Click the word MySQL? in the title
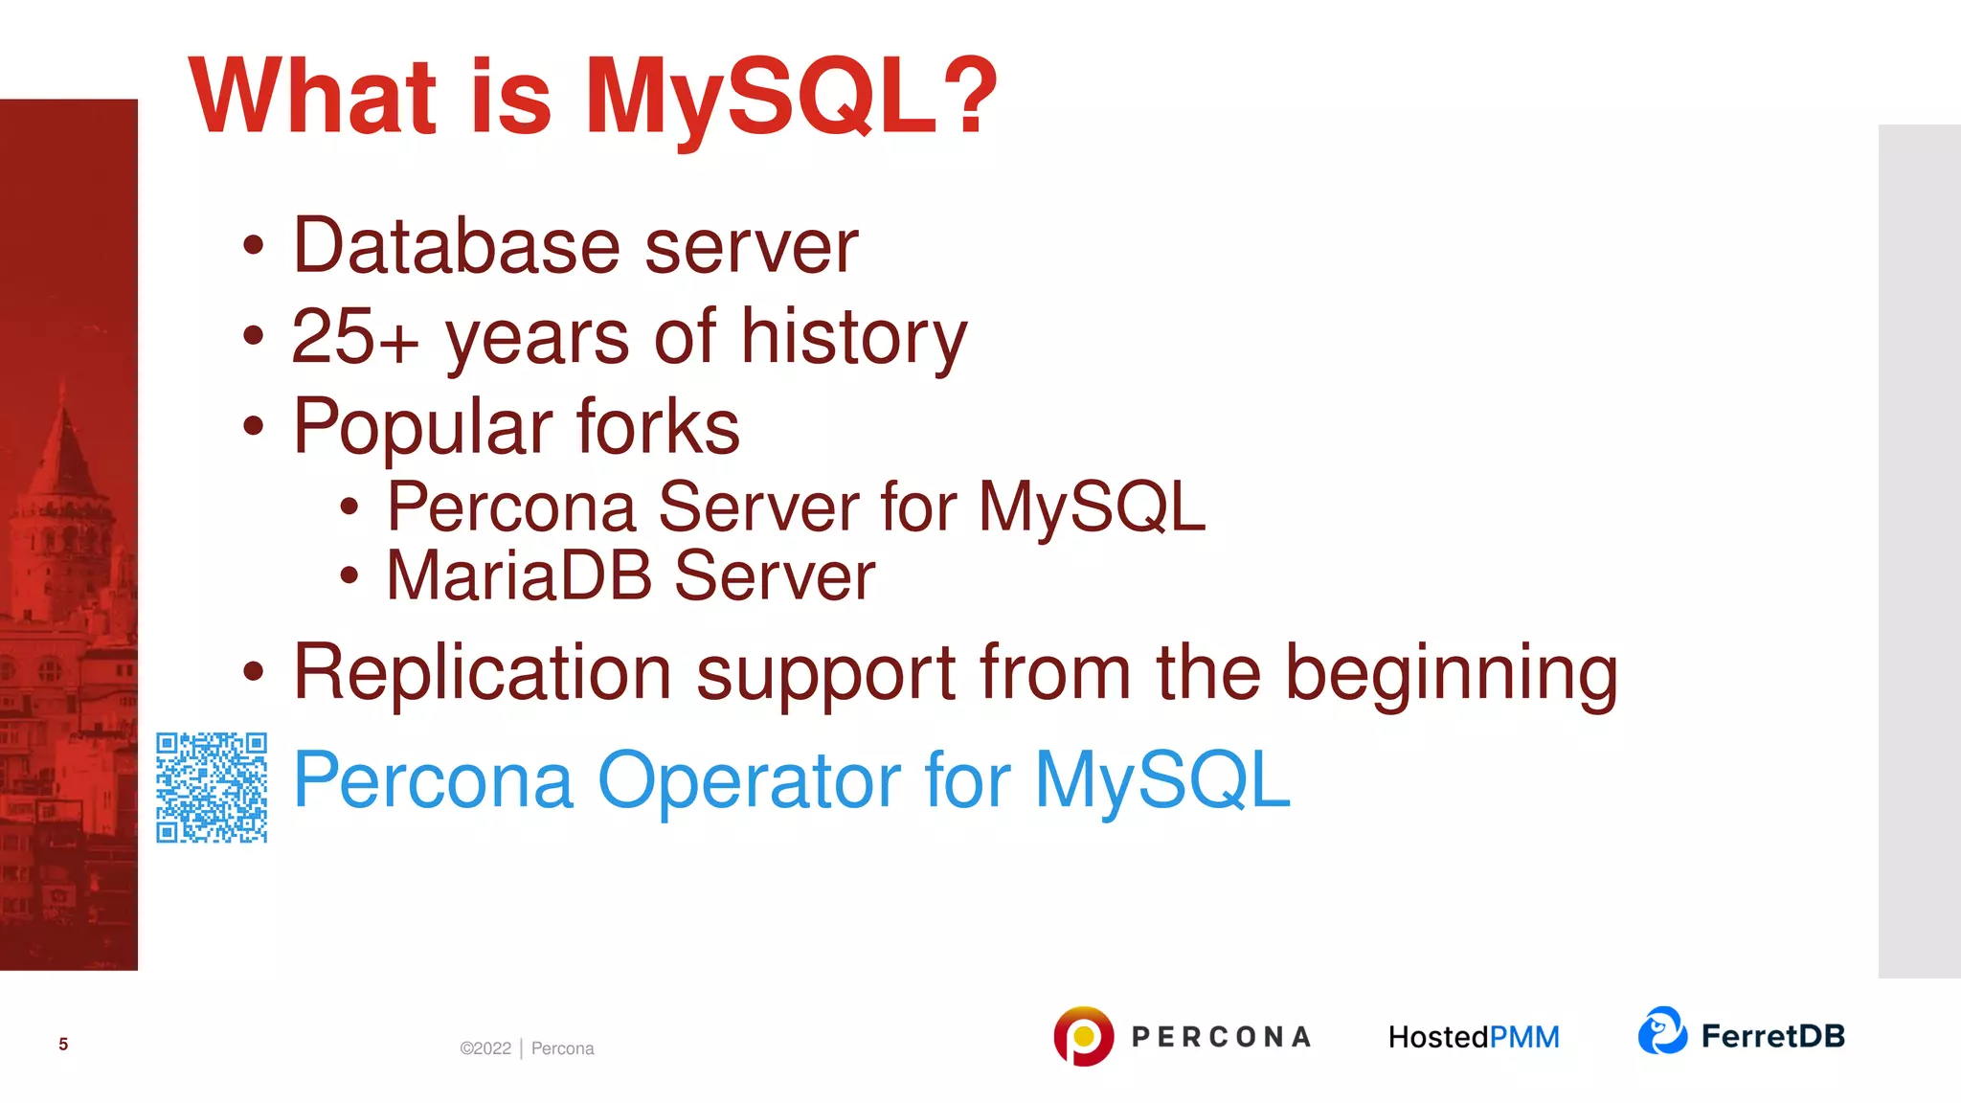(x=791, y=96)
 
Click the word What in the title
(x=312, y=96)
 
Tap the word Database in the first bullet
(x=456, y=246)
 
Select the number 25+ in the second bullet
(x=354, y=337)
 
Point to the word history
(x=854, y=337)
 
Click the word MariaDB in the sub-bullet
(x=518, y=575)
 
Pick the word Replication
(x=482, y=672)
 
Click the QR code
(x=212, y=787)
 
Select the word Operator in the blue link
(x=748, y=780)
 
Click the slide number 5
(x=63, y=1044)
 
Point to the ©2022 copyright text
(x=485, y=1048)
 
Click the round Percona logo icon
(x=1083, y=1036)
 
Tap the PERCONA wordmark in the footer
(x=1221, y=1037)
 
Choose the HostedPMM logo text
(x=1474, y=1037)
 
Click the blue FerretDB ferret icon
(x=1662, y=1031)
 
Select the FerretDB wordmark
(x=1772, y=1036)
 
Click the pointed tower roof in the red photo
(x=64, y=440)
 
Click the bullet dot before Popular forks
(x=253, y=426)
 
